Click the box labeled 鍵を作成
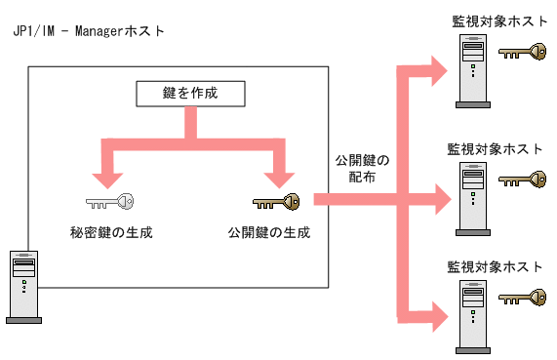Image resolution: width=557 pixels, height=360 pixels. (x=188, y=94)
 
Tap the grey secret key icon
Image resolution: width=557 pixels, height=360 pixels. (x=109, y=202)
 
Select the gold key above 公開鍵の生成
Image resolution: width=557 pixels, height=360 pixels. (x=277, y=202)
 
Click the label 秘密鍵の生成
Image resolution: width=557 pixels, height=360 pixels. (x=109, y=233)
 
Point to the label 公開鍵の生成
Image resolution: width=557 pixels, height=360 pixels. (x=270, y=233)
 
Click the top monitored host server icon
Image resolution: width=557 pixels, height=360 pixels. (x=472, y=69)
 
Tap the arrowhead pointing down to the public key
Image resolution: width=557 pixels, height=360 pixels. (x=280, y=177)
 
